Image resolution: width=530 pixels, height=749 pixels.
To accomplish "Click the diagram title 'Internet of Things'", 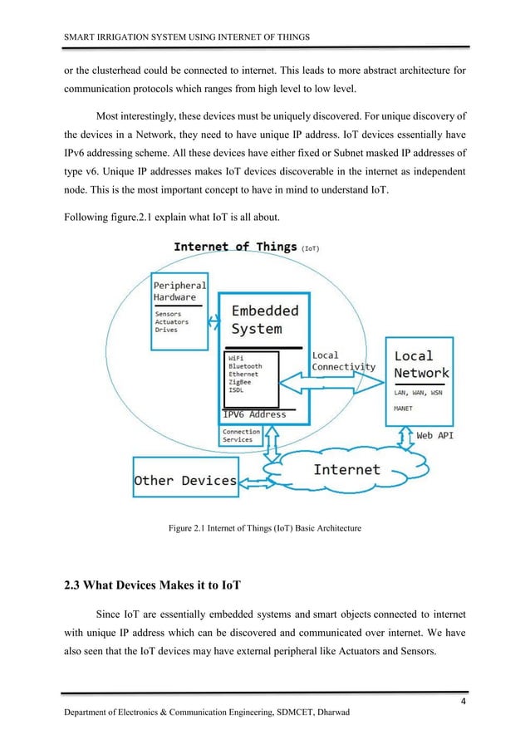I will point(234,247).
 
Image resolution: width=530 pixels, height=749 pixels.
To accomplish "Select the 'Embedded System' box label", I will point(265,319).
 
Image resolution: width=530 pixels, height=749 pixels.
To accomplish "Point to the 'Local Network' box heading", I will point(420,365).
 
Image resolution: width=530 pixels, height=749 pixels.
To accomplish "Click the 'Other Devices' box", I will point(185,480).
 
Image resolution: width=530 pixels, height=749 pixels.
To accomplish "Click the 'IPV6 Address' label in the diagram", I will point(254,414).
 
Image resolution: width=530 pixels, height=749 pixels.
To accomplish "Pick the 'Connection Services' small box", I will point(241,435).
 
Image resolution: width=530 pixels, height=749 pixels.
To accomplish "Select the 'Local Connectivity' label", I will point(343,361).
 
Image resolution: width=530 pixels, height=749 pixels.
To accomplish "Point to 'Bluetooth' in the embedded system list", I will point(246,366).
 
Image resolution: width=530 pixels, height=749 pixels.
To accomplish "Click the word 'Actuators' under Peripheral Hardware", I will point(172,322).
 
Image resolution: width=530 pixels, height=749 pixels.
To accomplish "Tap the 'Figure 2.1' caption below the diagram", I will point(264,528).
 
